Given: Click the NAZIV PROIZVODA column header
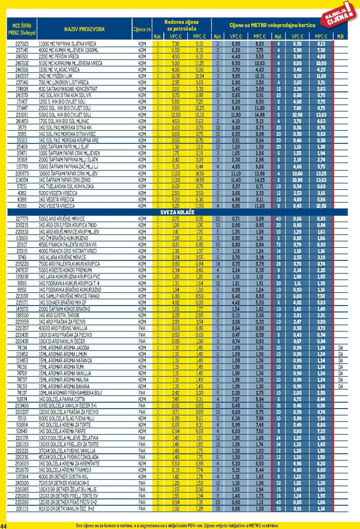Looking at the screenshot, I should pyautogui.click(x=84, y=29).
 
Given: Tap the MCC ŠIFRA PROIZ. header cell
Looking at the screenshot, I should pyautogui.click(x=22, y=29).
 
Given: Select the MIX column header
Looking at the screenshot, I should pyautogui.click(x=340, y=36).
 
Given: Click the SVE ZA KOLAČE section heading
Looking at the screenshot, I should pyautogui.click(x=177, y=212).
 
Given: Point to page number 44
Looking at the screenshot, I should pyautogui.click(x=4, y=526).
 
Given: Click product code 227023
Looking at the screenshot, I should pyautogui.click(x=22, y=44).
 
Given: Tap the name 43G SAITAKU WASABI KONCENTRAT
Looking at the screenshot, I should pyautogui.click(x=68, y=89).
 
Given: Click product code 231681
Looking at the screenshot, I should pyautogui.click(x=22, y=115).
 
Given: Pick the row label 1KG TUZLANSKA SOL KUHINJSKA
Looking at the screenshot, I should pyautogui.click(x=66, y=186).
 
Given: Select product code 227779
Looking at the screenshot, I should pyautogui.click(x=22, y=219).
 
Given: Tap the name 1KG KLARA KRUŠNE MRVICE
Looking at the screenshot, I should pyautogui.click(x=62, y=257).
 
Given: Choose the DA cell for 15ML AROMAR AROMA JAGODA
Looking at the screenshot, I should pyautogui.click(x=340, y=348).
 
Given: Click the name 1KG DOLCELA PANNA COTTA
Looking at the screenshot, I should pyautogui.click(x=62, y=399).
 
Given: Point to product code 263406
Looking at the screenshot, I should pyautogui.click(x=22, y=406).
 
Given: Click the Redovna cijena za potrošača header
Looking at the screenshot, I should pyautogui.click(x=181, y=25).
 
